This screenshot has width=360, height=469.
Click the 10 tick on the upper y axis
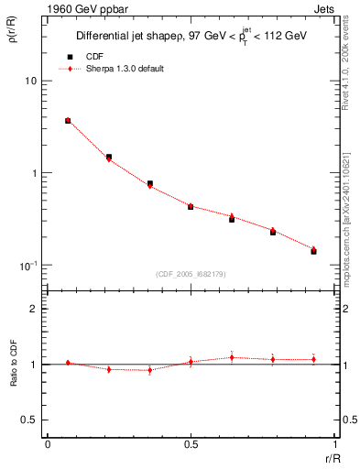pos(30,81)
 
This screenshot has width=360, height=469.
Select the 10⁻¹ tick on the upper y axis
pos(28,265)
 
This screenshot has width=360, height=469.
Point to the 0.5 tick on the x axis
pos(191,446)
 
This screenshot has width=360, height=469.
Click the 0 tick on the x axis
pos(48,446)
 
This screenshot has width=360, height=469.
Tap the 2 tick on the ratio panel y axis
pos(35,310)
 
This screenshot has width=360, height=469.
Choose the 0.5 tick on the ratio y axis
pos(30,420)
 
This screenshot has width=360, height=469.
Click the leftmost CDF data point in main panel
pos(68,121)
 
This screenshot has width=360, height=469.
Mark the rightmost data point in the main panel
pos(313,250)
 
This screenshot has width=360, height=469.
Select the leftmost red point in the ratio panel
pos(68,363)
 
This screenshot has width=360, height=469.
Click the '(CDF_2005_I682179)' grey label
pos(191,273)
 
